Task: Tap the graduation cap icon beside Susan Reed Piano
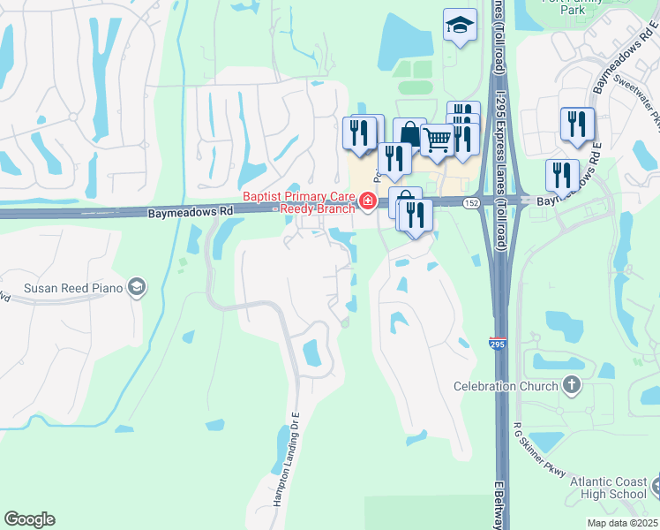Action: click(137, 286)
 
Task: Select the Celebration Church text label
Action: click(506, 386)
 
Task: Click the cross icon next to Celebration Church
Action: click(572, 385)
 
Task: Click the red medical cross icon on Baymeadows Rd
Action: click(365, 203)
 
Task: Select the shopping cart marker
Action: click(437, 139)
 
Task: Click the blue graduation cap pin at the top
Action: click(459, 26)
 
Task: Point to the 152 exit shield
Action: click(473, 202)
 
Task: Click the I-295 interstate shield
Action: click(498, 344)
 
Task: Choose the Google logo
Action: click(29, 519)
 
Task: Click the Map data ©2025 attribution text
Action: click(622, 523)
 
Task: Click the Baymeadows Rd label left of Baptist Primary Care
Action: click(189, 212)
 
